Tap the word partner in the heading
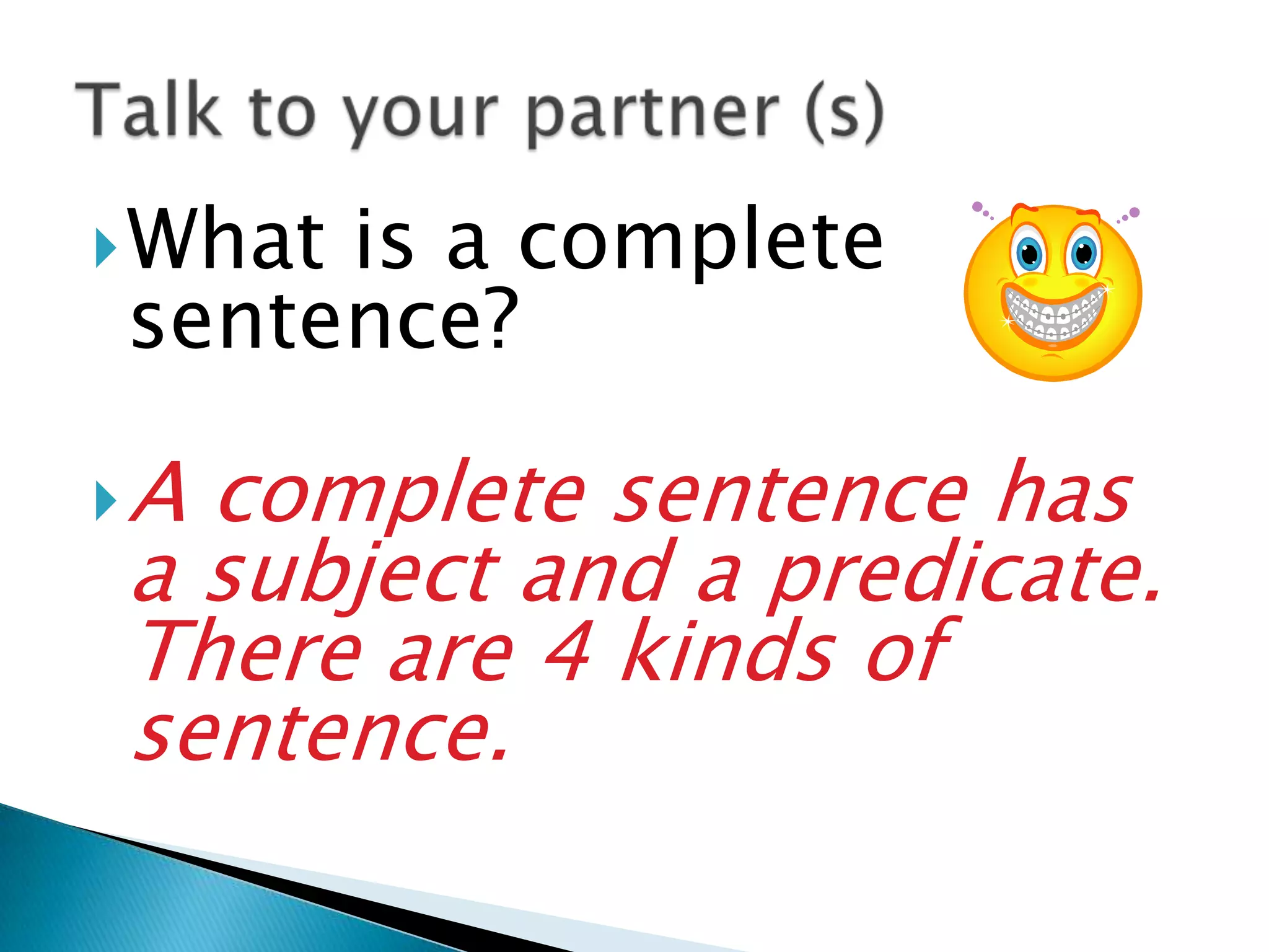coord(652,115)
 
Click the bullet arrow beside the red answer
coord(106,501)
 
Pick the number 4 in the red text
coord(567,651)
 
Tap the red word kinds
coord(729,651)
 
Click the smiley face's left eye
coord(1029,253)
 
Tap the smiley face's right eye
coord(1084,252)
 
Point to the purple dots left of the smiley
coord(982,210)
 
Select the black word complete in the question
coord(700,242)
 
